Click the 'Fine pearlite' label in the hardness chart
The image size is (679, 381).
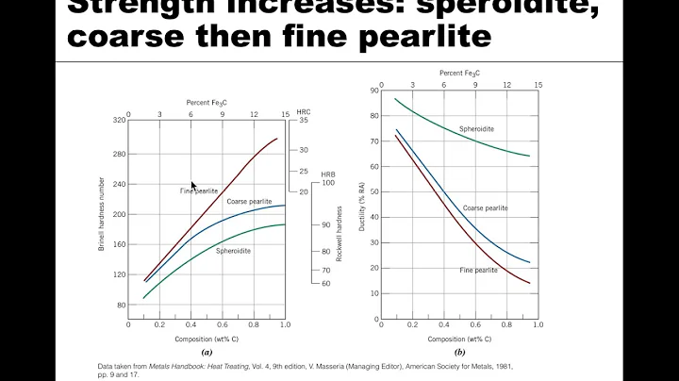pos(199,191)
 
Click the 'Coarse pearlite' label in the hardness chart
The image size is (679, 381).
pos(249,201)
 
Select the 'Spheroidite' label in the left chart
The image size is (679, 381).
pos(233,251)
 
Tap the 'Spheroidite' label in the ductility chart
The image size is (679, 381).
pos(479,128)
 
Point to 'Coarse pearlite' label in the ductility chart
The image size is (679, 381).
pos(486,207)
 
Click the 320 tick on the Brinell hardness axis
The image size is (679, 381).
pos(119,121)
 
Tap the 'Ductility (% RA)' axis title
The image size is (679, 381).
pos(360,204)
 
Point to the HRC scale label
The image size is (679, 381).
pos(303,110)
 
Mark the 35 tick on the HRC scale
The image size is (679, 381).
pos(304,121)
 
